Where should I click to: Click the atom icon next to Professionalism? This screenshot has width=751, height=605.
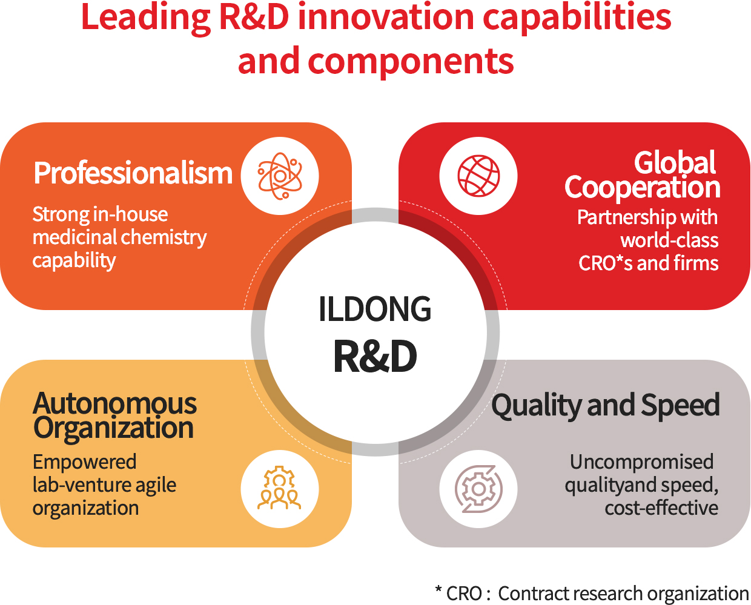[x=280, y=176]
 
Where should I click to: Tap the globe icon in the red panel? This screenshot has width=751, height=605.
[x=478, y=176]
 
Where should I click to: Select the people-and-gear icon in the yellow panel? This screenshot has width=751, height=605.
[x=279, y=488]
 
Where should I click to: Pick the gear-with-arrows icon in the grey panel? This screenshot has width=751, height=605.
[x=478, y=489]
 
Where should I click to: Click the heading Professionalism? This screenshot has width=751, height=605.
[x=133, y=173]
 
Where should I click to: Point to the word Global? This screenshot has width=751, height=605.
[x=675, y=162]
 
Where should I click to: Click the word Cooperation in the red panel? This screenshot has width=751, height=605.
[x=642, y=188]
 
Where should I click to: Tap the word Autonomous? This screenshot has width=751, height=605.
[x=115, y=404]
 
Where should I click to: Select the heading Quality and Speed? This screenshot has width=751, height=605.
[x=606, y=406]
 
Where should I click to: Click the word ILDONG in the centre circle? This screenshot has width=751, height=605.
[x=375, y=309]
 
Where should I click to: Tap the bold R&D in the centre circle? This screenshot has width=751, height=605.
[x=375, y=357]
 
